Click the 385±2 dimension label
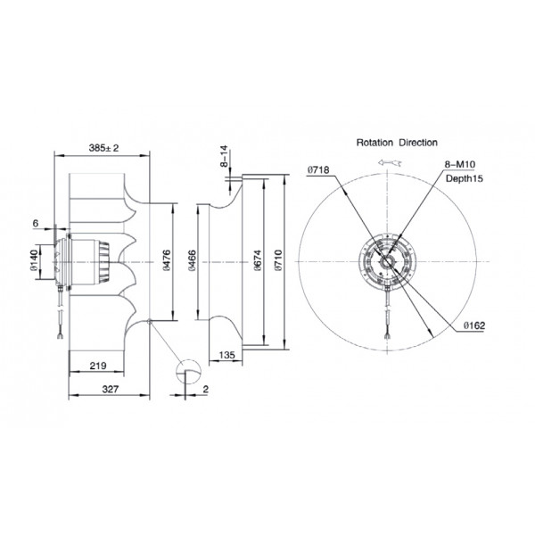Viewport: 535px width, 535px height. (x=103, y=148)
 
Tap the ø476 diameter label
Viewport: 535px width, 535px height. (x=167, y=260)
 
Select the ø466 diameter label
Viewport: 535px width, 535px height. (x=192, y=260)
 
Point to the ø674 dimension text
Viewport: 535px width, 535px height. (x=258, y=260)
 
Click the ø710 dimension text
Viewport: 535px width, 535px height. (x=279, y=260)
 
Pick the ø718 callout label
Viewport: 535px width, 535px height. (x=318, y=169)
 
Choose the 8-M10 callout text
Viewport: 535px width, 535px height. (x=459, y=164)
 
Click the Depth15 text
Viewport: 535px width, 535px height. (x=465, y=178)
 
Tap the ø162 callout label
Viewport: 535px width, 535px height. (x=474, y=325)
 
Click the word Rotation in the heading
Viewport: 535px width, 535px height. (x=374, y=143)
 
